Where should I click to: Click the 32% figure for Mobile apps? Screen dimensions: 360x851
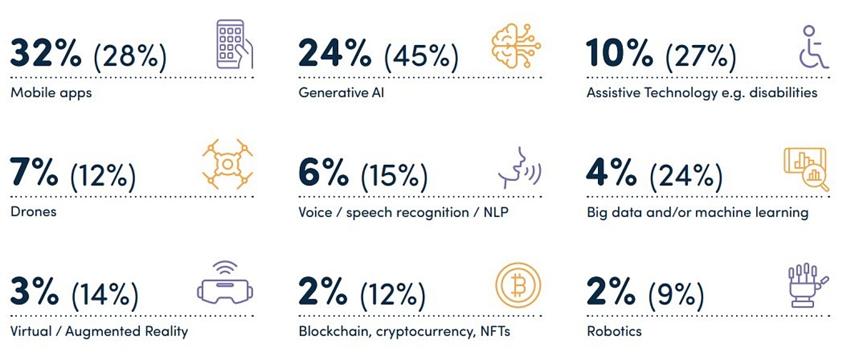[46, 54]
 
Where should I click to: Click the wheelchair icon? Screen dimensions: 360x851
[813, 47]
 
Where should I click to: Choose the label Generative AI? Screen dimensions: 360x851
[341, 93]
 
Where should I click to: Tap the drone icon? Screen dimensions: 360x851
[228, 163]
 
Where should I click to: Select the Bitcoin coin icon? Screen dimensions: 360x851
[518, 285]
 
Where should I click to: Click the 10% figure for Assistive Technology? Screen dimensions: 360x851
[619, 54]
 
